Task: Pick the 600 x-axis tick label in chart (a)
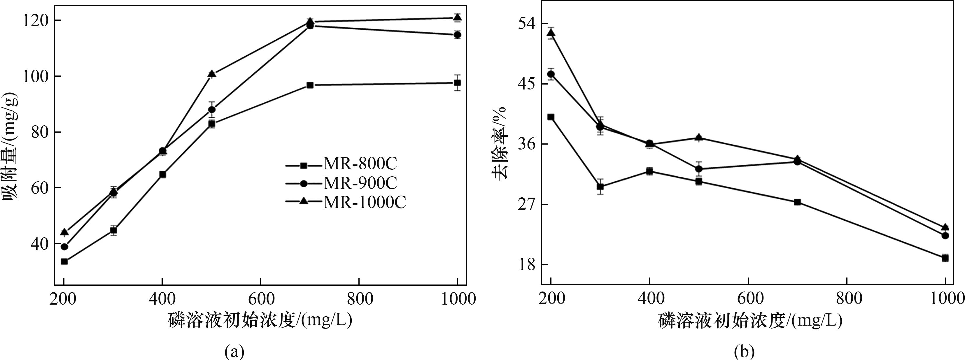coord(260,299)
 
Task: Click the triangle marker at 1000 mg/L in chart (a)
coord(457,17)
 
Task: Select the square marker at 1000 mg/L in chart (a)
coord(457,83)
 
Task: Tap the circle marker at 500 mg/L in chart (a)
coord(212,109)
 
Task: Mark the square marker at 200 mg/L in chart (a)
coord(64,261)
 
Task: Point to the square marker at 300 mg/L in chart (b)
coord(600,187)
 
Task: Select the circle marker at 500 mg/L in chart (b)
coord(699,169)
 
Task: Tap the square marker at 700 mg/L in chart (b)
coord(797,202)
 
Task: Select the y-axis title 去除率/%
coord(499,142)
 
